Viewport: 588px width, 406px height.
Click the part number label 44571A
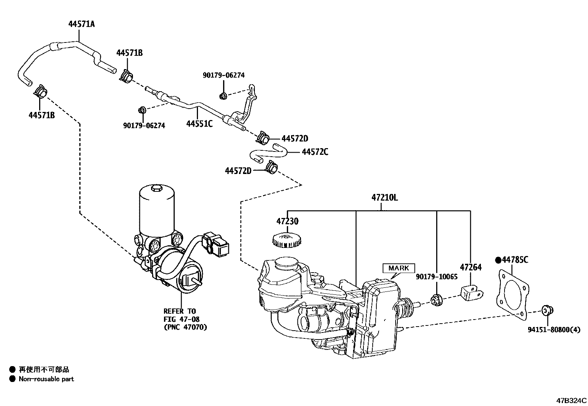[81, 24]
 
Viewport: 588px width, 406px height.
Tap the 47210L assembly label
[384, 198]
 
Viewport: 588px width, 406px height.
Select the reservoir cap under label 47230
[286, 240]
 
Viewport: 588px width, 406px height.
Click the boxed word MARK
[399, 268]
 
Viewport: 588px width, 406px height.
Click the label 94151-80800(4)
[556, 330]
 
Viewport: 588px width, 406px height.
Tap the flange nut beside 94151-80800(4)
[546, 311]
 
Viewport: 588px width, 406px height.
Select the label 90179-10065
[437, 276]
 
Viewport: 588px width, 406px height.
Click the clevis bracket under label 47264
[471, 293]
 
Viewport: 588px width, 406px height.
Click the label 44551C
[199, 124]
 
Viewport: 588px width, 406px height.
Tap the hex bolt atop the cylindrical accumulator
[156, 189]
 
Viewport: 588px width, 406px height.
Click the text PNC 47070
[185, 327]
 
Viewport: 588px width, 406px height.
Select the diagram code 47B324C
[571, 400]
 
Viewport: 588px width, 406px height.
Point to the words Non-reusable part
[47, 379]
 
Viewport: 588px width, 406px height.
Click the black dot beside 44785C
[498, 260]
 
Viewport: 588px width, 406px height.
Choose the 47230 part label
[287, 222]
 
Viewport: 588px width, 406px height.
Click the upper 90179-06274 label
[223, 75]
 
